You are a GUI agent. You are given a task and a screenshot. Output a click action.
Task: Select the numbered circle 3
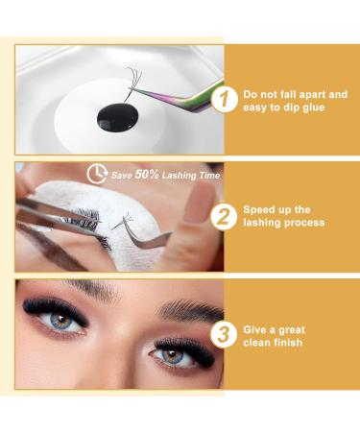pyautogui.click(x=224, y=335)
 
